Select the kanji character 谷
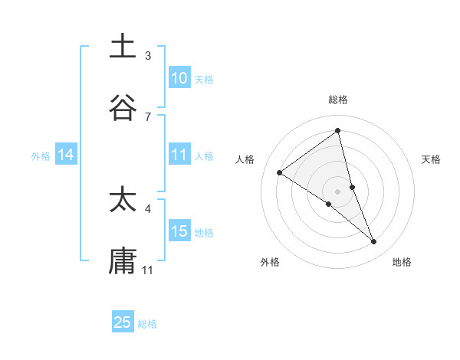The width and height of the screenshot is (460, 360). (123, 108)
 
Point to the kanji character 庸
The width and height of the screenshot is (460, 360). (123, 260)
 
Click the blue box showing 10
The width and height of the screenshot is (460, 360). (179, 77)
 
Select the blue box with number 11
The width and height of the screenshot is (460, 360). (179, 155)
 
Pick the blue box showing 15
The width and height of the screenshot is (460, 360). (179, 231)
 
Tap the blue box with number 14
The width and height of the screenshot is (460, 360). (66, 155)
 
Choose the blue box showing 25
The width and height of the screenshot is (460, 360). (123, 322)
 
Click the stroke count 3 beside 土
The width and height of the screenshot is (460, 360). (148, 56)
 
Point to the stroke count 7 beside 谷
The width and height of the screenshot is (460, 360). (148, 116)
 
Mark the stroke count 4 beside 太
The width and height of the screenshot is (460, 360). (148, 208)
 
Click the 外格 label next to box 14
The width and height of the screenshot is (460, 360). (41, 155)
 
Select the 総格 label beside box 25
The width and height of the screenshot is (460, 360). (147, 324)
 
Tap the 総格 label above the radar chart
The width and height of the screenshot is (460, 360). (338, 100)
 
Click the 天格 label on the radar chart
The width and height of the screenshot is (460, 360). (432, 159)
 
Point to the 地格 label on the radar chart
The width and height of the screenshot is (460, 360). (402, 263)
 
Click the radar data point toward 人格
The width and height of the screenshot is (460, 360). (280, 173)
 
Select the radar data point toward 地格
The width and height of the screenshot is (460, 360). (374, 242)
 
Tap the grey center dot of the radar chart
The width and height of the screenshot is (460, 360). (338, 191)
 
